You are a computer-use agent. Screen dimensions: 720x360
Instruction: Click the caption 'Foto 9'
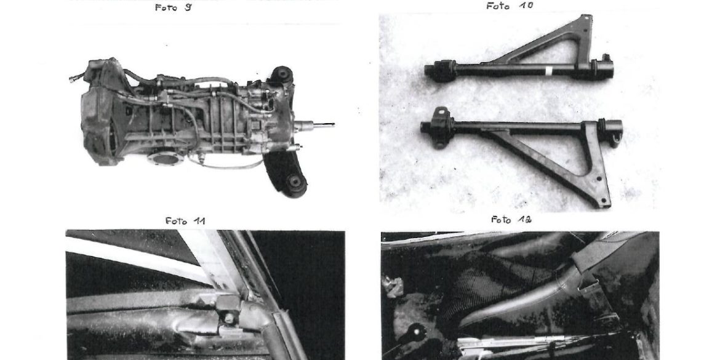(x=174, y=7)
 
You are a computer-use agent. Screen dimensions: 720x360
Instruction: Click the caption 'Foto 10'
(x=510, y=6)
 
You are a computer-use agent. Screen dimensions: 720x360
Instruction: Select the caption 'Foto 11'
(x=185, y=221)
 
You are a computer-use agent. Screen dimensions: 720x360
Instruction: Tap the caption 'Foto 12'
(x=511, y=220)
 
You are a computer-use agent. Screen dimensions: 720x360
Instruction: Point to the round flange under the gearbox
(x=166, y=158)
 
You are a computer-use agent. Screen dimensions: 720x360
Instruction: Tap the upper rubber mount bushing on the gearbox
(x=281, y=74)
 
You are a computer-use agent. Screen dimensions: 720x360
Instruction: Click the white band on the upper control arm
(x=548, y=71)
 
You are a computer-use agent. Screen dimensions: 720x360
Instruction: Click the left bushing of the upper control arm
(x=444, y=71)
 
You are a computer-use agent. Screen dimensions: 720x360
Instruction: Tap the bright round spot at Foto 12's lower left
(x=417, y=330)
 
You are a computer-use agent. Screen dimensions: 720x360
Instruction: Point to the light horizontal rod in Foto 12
(x=505, y=342)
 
